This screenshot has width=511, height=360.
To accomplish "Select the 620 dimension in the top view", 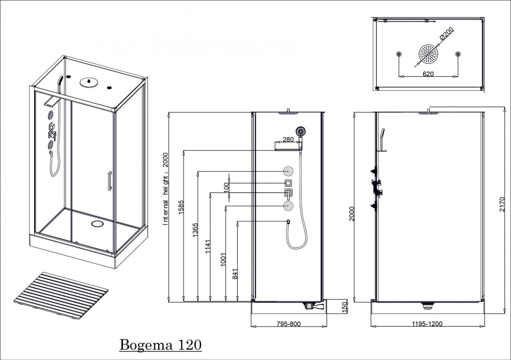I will [x=428, y=73].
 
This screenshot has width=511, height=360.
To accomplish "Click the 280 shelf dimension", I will [x=288, y=139].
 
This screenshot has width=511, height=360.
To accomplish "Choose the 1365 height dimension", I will [x=196, y=232].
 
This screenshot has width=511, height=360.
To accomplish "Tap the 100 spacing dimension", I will [x=226, y=186].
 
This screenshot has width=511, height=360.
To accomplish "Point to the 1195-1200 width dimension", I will [x=428, y=324].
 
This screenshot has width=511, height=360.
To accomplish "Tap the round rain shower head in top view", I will [x=428, y=54].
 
